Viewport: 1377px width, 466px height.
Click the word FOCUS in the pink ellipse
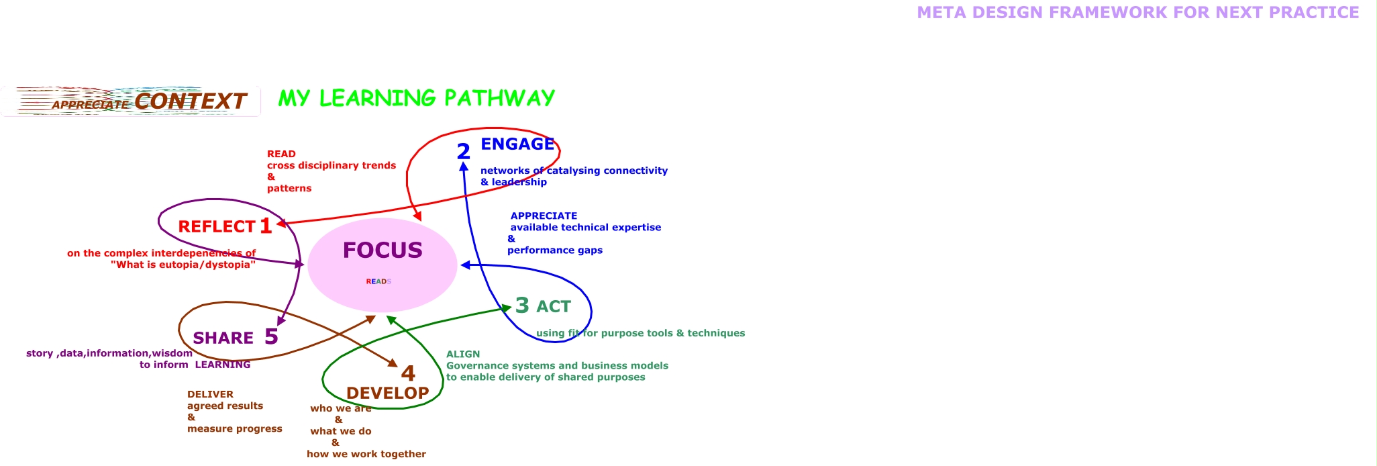coord(382,250)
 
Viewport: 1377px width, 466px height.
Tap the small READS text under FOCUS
coord(378,281)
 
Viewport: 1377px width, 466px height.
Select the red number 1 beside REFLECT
coord(266,226)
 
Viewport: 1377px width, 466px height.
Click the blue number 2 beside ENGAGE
coord(463,152)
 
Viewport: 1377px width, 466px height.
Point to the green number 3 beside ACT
coord(522,306)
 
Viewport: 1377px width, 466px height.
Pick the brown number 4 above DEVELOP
coord(408,373)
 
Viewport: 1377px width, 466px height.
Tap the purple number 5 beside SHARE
coord(271,336)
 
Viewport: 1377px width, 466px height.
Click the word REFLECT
coord(217,227)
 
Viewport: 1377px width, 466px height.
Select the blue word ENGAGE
coord(517,144)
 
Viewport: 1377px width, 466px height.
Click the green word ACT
coord(554,307)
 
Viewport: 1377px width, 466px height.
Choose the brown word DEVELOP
coord(387,393)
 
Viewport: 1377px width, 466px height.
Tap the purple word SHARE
coord(223,338)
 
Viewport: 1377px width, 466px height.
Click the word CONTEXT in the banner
coord(190,101)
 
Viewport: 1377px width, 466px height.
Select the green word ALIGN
coord(463,355)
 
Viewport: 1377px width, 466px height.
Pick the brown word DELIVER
coord(210,395)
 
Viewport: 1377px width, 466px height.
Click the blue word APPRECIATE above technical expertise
coord(544,216)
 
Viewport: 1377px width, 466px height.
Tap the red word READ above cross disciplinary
coord(281,154)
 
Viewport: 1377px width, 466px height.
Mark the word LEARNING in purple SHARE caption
coord(223,365)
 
